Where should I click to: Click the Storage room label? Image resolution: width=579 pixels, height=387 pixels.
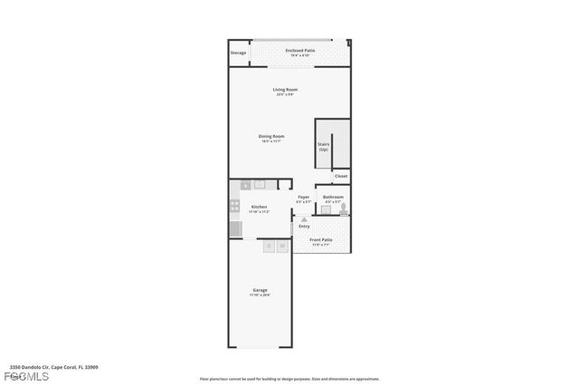(238, 53)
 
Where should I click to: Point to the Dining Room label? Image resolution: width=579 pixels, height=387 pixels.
(271, 138)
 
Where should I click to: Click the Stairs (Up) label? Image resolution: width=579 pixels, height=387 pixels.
(323, 146)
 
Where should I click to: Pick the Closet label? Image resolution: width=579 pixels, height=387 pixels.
(340, 176)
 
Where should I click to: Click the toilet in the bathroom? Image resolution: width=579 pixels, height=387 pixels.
(343, 208)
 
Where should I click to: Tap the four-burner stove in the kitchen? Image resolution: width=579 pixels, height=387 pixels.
(234, 206)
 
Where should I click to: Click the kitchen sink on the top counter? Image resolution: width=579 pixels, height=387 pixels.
(259, 184)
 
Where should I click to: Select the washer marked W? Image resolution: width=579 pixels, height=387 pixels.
(282, 246)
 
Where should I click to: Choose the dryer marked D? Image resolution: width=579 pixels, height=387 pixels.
(269, 246)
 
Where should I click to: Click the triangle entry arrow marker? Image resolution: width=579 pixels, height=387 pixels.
(304, 219)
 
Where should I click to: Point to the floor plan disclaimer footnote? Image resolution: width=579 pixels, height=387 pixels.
(289, 379)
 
